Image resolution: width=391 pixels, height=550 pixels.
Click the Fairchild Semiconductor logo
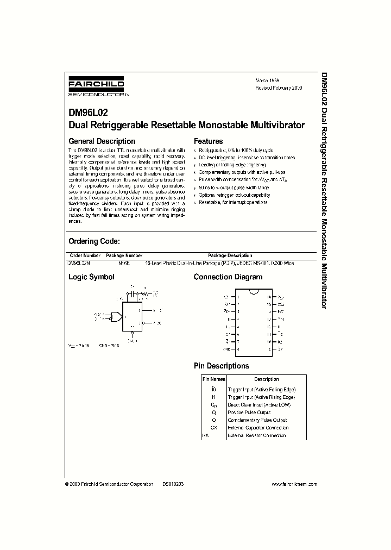click(x=96, y=86)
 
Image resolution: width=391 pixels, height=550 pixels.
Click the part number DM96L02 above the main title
click(x=87, y=113)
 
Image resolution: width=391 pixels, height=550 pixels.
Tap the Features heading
click(x=209, y=141)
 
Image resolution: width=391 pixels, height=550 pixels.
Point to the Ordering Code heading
click(x=93, y=241)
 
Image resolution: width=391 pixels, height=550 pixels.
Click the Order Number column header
click(x=85, y=255)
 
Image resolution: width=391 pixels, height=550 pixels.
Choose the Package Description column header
click(x=230, y=255)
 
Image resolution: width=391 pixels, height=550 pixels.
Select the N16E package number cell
click(x=124, y=262)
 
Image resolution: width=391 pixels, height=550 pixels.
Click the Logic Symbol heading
click(x=91, y=277)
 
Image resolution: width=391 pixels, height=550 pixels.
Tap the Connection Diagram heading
click(x=228, y=277)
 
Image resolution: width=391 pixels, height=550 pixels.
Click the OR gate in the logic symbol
click(x=115, y=316)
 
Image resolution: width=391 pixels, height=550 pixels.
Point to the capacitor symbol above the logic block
click(x=131, y=293)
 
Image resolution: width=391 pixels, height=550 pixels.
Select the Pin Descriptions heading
click(x=222, y=366)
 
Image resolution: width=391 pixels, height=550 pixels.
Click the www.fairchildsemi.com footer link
click(x=294, y=484)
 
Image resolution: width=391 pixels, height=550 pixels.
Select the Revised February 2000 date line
click(x=279, y=87)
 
